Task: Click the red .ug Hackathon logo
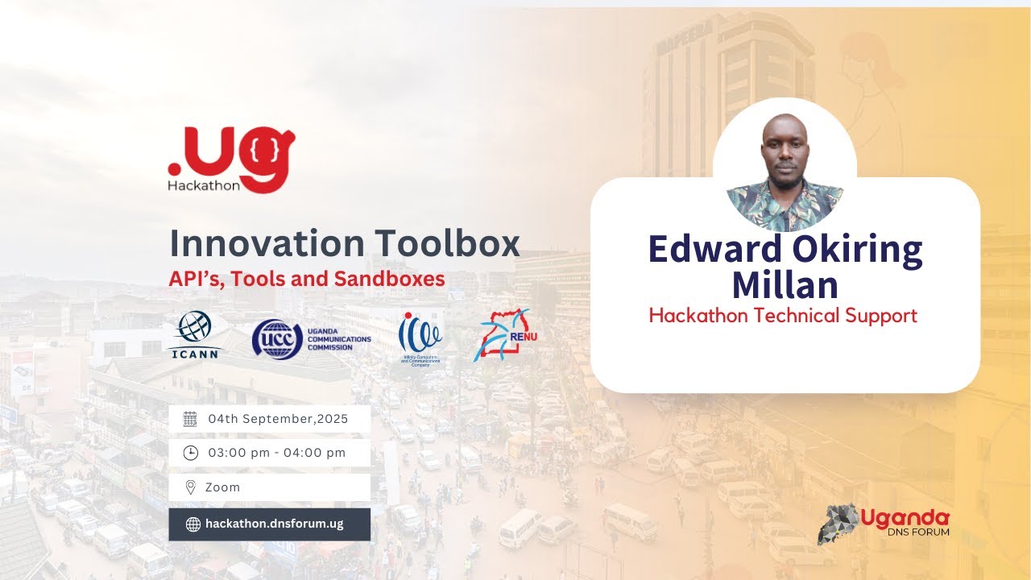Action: tap(231, 159)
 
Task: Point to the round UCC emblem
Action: tap(277, 338)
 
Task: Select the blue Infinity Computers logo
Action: tap(420, 337)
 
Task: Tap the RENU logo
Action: tap(505, 334)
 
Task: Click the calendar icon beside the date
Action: tap(190, 419)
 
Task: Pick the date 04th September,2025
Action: tap(278, 419)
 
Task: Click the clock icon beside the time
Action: tap(190, 453)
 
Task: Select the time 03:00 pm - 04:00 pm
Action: tap(276, 453)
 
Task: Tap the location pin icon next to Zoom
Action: tap(190, 487)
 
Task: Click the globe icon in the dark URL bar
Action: tap(193, 524)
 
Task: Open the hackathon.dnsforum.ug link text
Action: tap(275, 524)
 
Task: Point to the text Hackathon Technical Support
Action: tap(783, 316)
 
